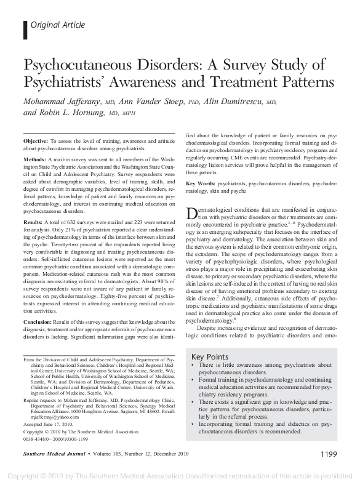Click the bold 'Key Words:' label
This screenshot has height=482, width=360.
(x=199, y=183)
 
